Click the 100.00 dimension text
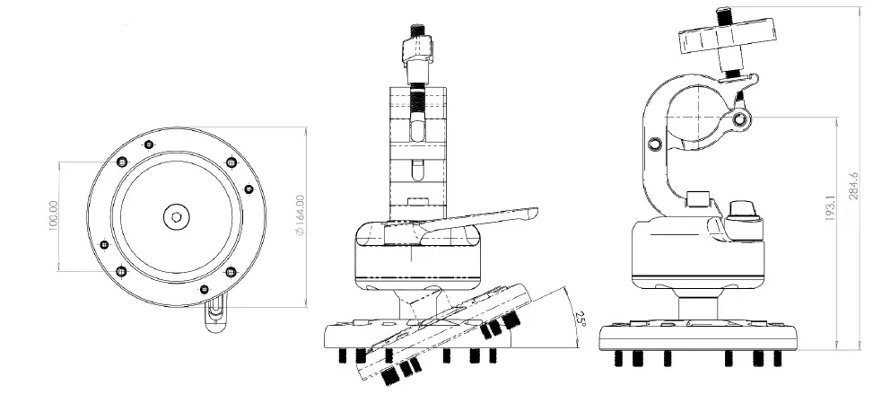pyautogui.click(x=53, y=218)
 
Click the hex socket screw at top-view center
pyautogui.click(x=176, y=215)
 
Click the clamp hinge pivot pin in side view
pyautogui.click(x=740, y=119)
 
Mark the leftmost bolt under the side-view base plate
pyautogui.click(x=619, y=358)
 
